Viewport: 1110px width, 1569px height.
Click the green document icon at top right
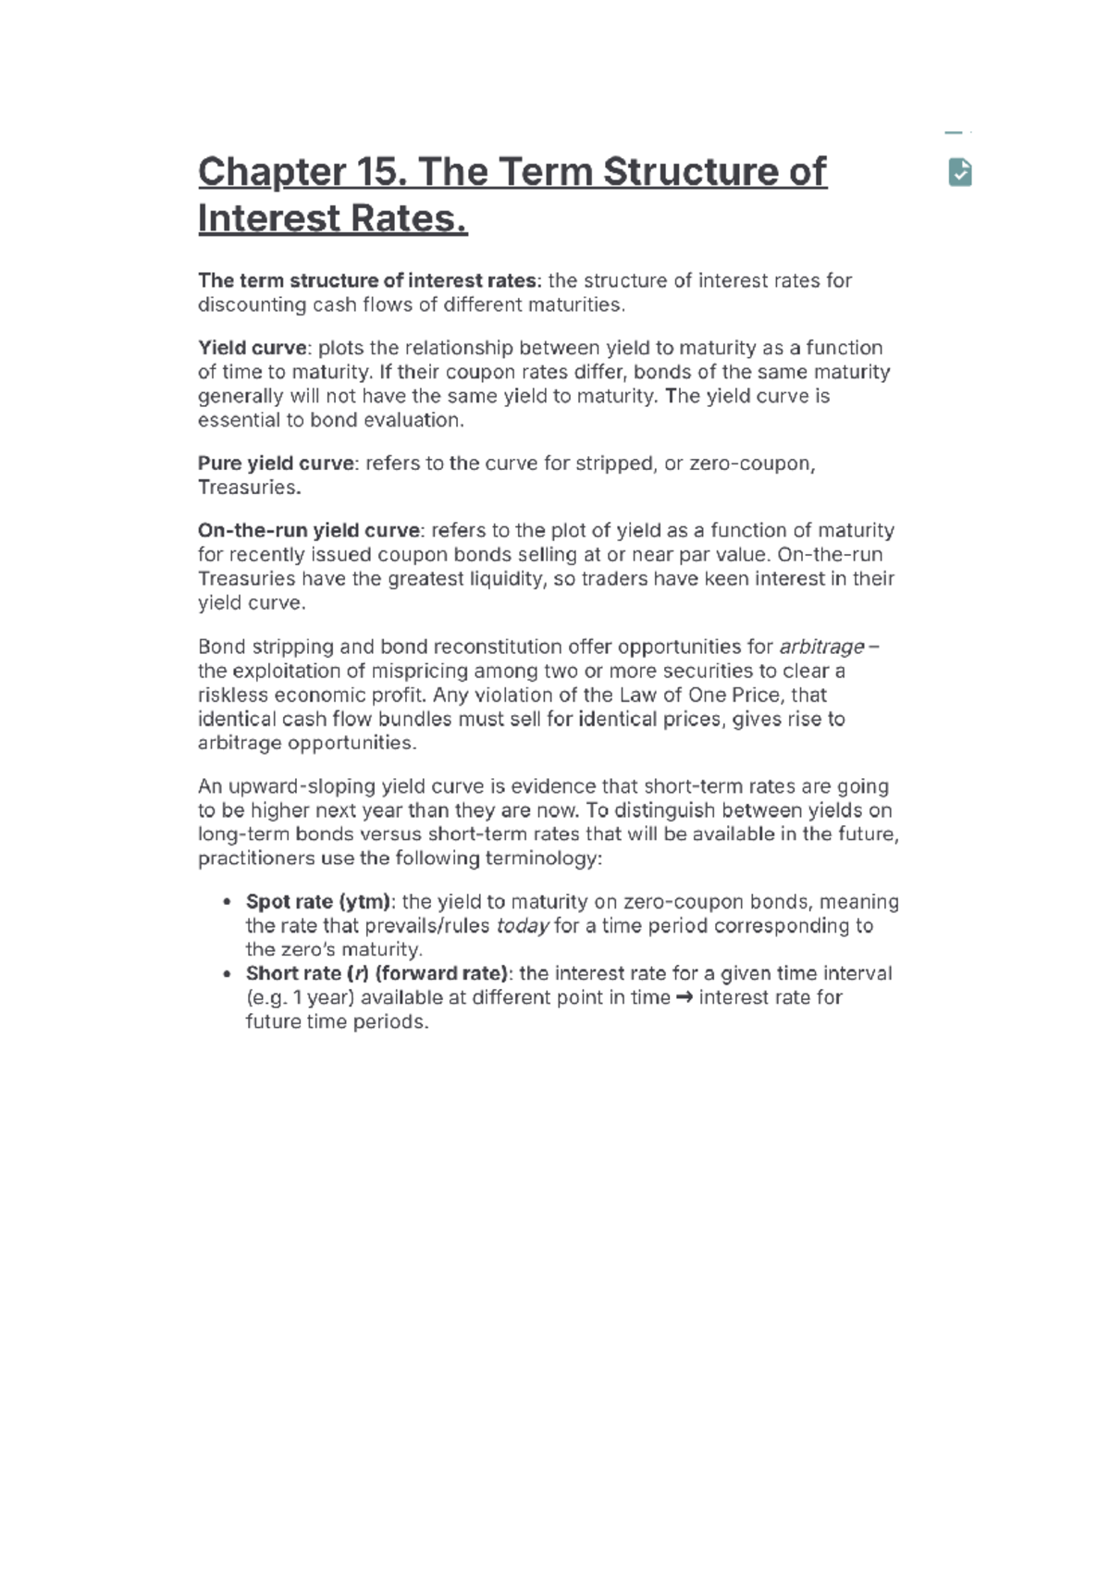point(960,172)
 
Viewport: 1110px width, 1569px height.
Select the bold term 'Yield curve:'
point(255,348)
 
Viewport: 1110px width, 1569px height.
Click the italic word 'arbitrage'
point(821,647)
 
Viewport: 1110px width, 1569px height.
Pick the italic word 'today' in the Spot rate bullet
point(523,926)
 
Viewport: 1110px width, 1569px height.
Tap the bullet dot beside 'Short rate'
point(226,974)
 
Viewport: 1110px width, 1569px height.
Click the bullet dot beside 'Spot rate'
point(226,902)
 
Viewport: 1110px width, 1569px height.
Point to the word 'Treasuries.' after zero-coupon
point(249,488)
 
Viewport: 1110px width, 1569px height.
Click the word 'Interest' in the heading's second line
point(265,220)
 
